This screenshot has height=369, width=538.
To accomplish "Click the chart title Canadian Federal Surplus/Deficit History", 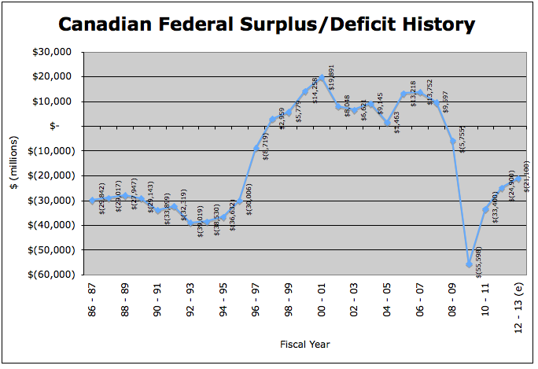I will pos(267,24).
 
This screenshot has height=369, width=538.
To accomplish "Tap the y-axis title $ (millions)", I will pos(16,163).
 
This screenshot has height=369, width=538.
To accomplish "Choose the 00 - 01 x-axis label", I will pos(322,301).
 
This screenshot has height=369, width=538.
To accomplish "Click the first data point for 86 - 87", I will pos(92,201).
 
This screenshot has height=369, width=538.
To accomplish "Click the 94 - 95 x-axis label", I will pos(223,301).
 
